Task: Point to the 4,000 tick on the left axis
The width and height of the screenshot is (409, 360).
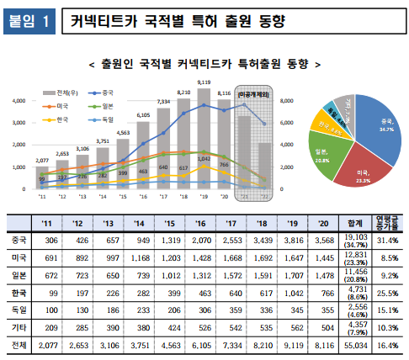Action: [19, 100]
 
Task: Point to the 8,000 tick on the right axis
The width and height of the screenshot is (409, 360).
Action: [286, 100]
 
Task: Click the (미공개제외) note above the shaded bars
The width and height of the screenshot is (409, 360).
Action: [252, 95]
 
